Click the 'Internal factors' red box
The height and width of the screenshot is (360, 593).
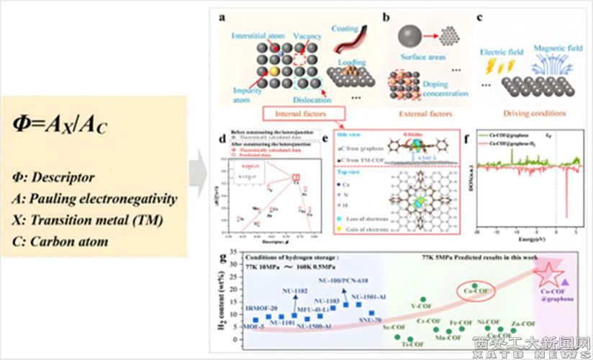pyautogui.click(x=302, y=114)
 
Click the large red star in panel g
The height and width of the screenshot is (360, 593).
pyautogui.click(x=550, y=274)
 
